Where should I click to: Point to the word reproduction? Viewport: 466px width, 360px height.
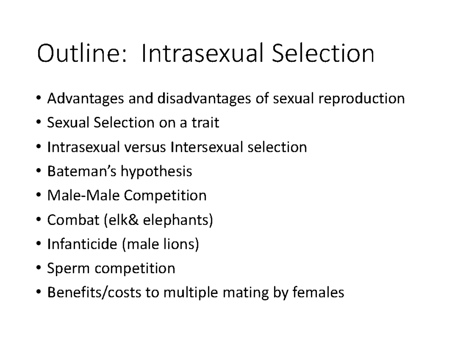361,99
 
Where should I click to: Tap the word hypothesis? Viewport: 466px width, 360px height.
156,172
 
